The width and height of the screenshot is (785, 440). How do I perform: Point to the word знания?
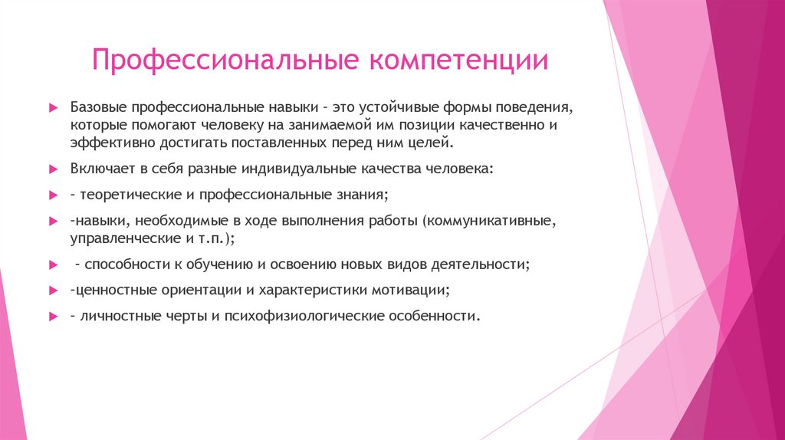click(x=364, y=195)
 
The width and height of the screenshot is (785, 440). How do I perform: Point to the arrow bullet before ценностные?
click(x=52, y=291)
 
